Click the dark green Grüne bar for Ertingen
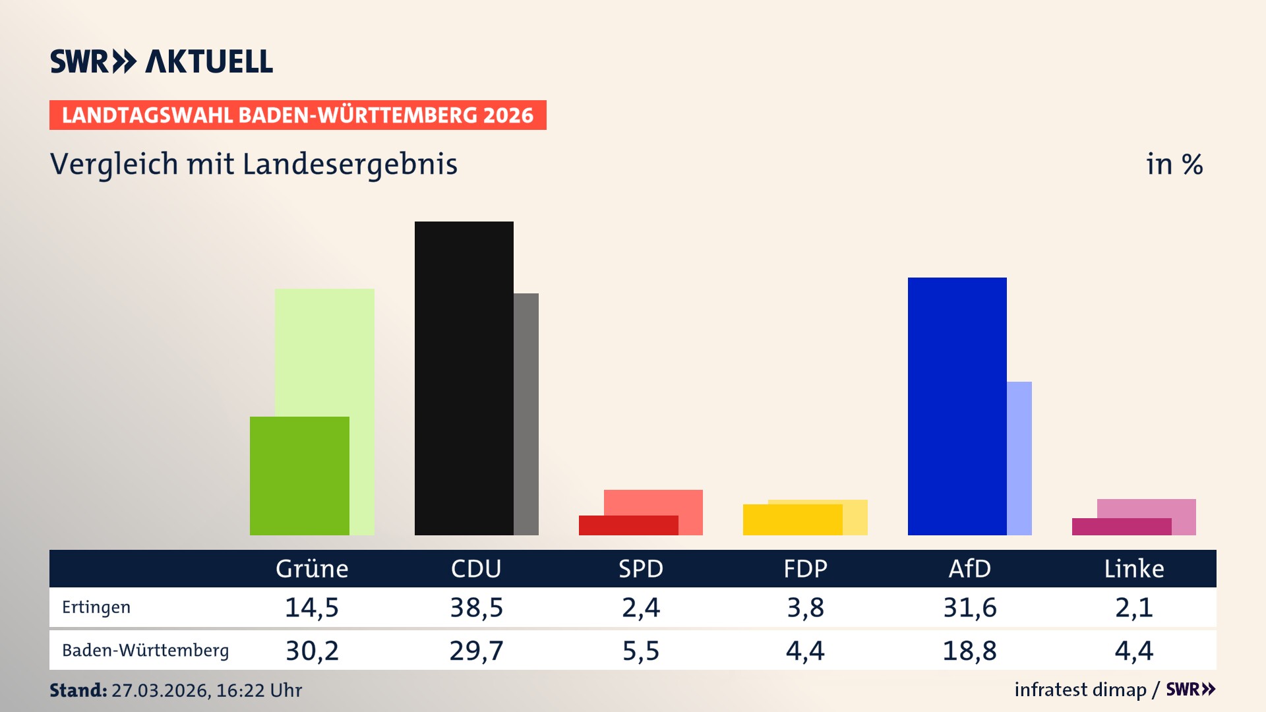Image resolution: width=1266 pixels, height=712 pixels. (299, 475)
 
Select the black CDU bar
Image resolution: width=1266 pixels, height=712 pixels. (464, 378)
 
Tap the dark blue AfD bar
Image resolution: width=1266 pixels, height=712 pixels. (957, 406)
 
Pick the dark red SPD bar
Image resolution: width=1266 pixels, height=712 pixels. (628, 525)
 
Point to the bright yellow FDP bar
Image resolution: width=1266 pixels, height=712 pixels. (792, 519)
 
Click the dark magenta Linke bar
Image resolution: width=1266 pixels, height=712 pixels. (1121, 527)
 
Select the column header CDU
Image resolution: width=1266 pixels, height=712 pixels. (476, 568)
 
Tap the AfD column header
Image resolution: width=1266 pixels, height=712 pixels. (969, 568)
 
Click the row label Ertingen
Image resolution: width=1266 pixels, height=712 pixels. (96, 607)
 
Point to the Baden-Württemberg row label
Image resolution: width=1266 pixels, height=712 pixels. (145, 651)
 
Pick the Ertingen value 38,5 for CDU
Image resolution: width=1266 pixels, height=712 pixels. (476, 607)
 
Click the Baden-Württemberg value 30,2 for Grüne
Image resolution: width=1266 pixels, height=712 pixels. (312, 651)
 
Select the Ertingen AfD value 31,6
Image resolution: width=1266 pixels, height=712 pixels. (969, 607)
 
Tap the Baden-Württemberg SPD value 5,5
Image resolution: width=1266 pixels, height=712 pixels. (640, 651)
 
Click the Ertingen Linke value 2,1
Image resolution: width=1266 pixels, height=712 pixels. (1133, 607)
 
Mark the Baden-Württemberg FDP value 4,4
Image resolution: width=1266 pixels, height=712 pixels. (804, 651)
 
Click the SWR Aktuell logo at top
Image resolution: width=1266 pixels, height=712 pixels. (162, 61)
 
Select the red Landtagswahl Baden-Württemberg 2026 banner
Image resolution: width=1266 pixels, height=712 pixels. (297, 115)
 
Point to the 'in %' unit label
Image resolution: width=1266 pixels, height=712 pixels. (1174, 164)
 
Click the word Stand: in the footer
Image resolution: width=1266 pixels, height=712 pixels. (78, 690)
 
